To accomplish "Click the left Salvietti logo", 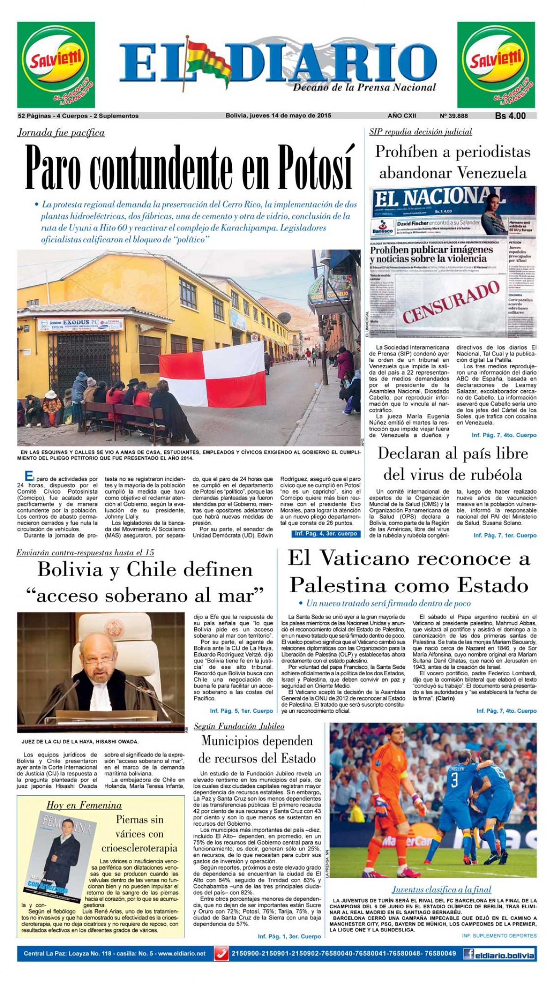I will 56,65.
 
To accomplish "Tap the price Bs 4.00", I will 510,116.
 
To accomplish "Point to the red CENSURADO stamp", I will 451,302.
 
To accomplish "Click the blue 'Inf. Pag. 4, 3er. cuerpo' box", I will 326,533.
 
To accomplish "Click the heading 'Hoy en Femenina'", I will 84,805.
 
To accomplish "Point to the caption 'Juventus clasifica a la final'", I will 441,889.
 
